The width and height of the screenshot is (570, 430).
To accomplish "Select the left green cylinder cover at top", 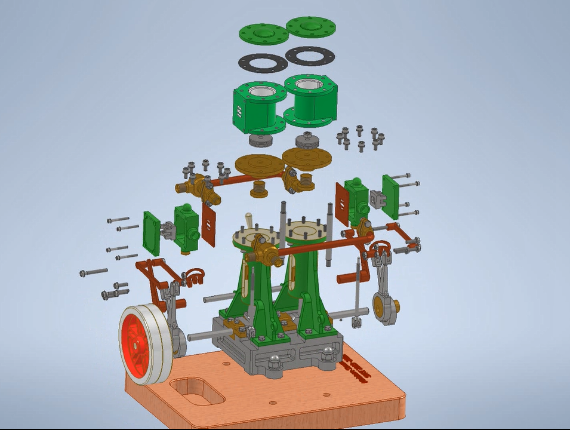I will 264,33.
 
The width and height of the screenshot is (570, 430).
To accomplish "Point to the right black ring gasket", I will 310,56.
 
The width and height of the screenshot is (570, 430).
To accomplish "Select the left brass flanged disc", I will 260,165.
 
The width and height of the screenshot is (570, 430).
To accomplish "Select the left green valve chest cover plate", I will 152,232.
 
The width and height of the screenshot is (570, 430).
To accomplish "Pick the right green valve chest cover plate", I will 392,196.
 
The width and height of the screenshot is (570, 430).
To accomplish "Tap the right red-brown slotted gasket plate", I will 342,204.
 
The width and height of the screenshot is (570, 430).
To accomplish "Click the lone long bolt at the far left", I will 94,272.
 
